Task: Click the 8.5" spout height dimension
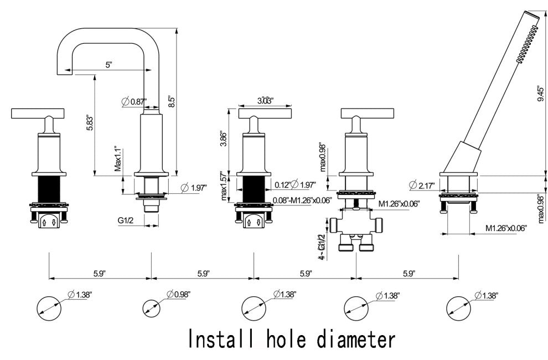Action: (x=172, y=101)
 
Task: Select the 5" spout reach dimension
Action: (x=108, y=64)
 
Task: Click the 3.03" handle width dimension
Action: (x=266, y=101)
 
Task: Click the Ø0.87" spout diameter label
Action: (x=133, y=101)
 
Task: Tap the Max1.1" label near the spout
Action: (x=117, y=160)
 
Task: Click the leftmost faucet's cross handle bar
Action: (x=37, y=115)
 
